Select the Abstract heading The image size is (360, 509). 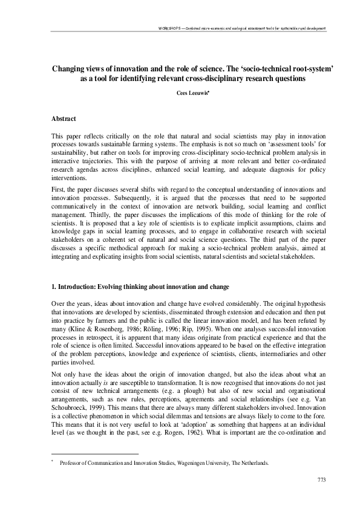pyautogui.click(x=64, y=120)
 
